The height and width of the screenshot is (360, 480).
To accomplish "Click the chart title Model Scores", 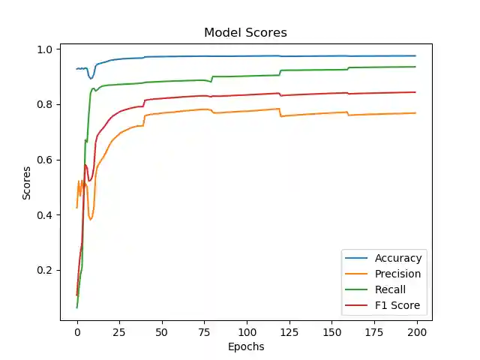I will click(x=245, y=33).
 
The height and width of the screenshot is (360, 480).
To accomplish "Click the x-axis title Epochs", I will click(x=245, y=347).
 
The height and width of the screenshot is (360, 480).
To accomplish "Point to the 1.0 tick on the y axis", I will click(x=46, y=49).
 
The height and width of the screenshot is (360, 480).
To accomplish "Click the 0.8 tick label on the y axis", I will click(x=46, y=104).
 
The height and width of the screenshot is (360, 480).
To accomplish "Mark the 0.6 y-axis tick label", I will click(x=46, y=160).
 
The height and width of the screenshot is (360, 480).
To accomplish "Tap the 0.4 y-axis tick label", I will click(x=46, y=215).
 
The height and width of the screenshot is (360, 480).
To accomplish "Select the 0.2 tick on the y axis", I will click(x=46, y=270).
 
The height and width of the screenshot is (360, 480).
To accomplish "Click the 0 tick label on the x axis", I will click(x=77, y=331).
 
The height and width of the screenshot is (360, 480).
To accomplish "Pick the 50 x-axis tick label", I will click(x=162, y=331).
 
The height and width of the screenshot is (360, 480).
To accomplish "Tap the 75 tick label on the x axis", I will click(x=205, y=331).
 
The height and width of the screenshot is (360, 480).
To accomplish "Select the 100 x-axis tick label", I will click(x=247, y=331).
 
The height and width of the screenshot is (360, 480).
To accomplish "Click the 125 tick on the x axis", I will click(x=290, y=331).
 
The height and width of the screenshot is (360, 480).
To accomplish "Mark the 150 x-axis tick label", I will click(x=332, y=331).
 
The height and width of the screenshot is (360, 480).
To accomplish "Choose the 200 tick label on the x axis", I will click(x=418, y=331).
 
